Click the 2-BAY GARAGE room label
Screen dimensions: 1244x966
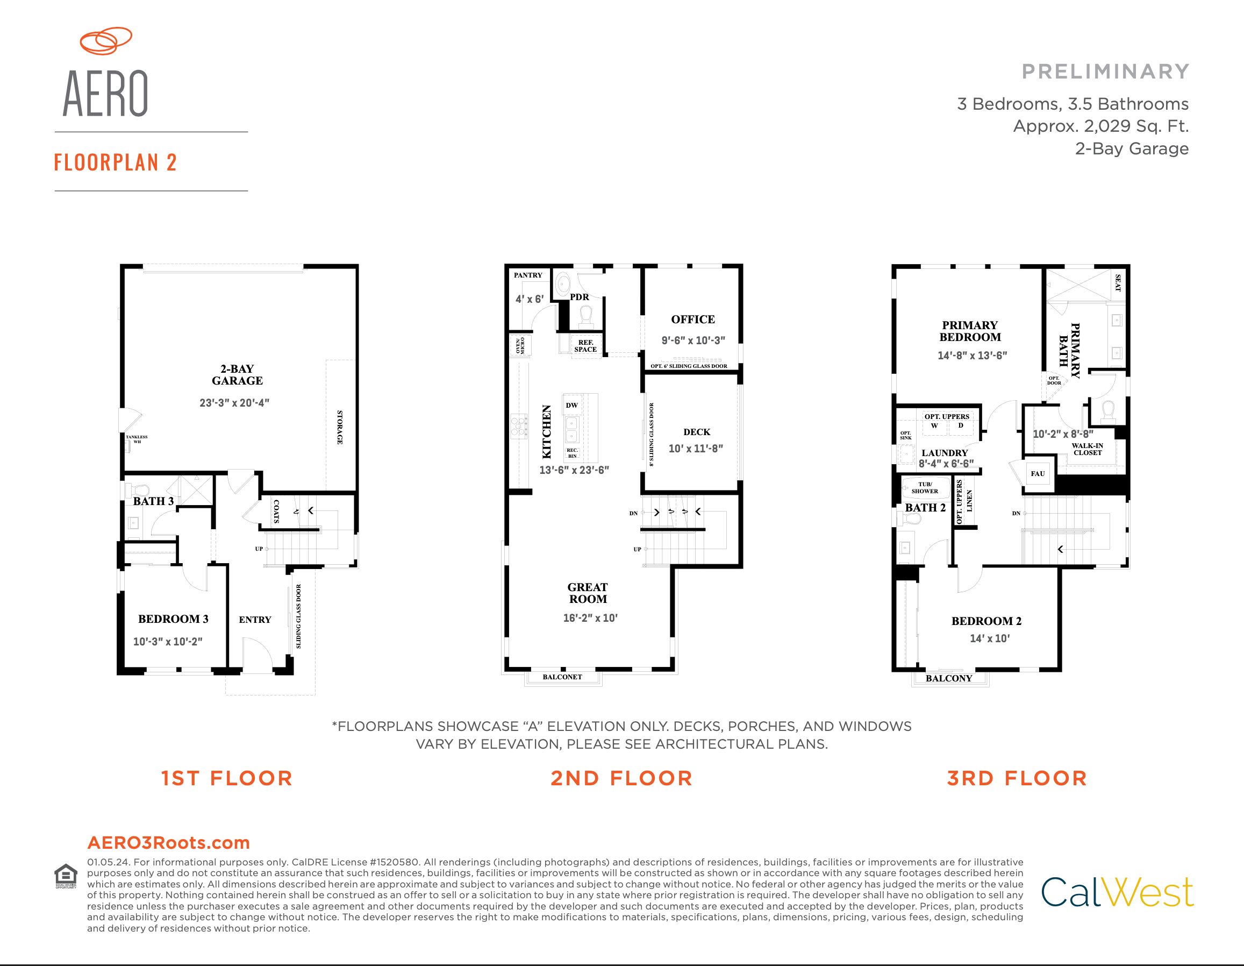(x=237, y=375)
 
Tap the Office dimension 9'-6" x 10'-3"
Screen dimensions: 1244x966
(x=693, y=340)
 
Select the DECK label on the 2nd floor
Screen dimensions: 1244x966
(x=697, y=432)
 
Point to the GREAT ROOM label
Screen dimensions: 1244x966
(x=588, y=593)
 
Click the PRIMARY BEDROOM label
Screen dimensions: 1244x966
(x=970, y=331)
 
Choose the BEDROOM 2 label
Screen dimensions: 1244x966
(x=986, y=621)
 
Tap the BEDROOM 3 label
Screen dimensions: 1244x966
(x=173, y=619)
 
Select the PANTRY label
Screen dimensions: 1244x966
(x=528, y=275)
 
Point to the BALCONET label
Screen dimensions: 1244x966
(x=562, y=677)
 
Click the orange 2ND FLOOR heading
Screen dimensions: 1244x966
(x=621, y=778)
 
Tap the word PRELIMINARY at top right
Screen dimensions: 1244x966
(x=1106, y=72)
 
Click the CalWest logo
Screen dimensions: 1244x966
(x=1117, y=892)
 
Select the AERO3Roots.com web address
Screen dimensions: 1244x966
(x=169, y=843)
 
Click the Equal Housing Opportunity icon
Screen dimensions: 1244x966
(x=66, y=877)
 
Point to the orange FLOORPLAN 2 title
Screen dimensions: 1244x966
(x=116, y=162)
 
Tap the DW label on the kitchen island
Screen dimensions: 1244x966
(x=572, y=405)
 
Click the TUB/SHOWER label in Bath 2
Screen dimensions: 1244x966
(x=925, y=488)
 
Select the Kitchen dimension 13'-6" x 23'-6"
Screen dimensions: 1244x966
(x=574, y=470)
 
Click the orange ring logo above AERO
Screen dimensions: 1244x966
(x=106, y=41)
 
